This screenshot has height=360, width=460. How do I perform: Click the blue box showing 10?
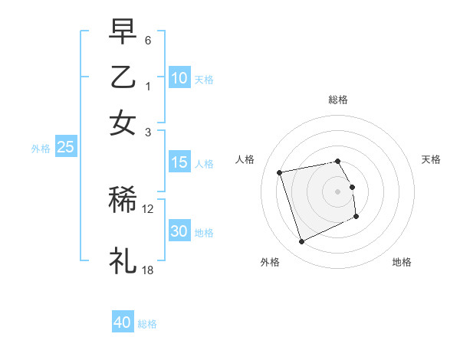[179, 78]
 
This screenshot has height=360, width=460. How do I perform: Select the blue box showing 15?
[179, 162]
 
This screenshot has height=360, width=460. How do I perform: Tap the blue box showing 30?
[179, 231]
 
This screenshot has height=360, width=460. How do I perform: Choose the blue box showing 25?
[65, 148]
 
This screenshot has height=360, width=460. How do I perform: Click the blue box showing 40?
[123, 322]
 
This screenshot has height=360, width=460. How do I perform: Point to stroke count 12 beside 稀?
[148, 208]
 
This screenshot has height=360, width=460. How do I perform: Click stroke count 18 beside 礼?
[148, 270]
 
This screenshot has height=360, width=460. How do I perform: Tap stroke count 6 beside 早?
[148, 39]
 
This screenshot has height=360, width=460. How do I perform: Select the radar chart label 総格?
[338, 100]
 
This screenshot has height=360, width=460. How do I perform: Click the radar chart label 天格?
[431, 159]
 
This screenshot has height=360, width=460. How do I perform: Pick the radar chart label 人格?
[245, 159]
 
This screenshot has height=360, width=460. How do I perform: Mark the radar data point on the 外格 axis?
[301, 242]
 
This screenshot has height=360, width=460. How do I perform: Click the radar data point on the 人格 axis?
[280, 172]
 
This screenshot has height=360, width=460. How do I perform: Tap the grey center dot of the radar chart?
[338, 191]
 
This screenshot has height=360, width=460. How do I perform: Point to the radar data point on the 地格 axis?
[357, 217]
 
